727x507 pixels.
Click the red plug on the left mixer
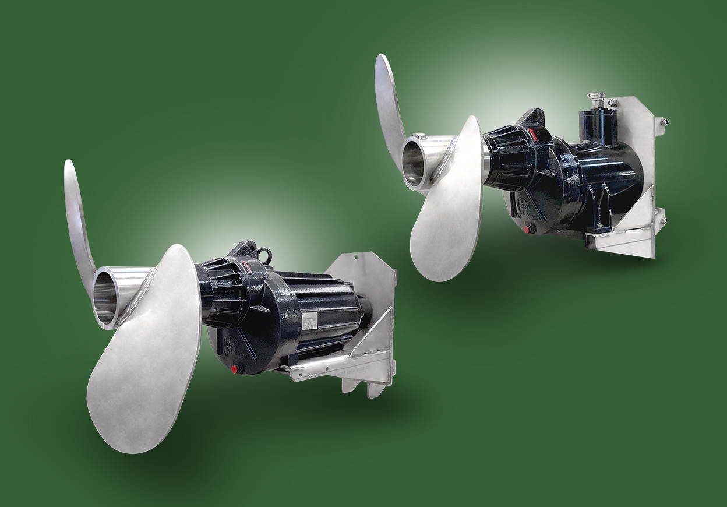(x=234, y=369)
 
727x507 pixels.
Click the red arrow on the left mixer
(x=249, y=267)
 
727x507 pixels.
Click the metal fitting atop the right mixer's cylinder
(x=597, y=100)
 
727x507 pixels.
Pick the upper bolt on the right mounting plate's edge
(x=662, y=122)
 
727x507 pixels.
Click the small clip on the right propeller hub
(x=421, y=136)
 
